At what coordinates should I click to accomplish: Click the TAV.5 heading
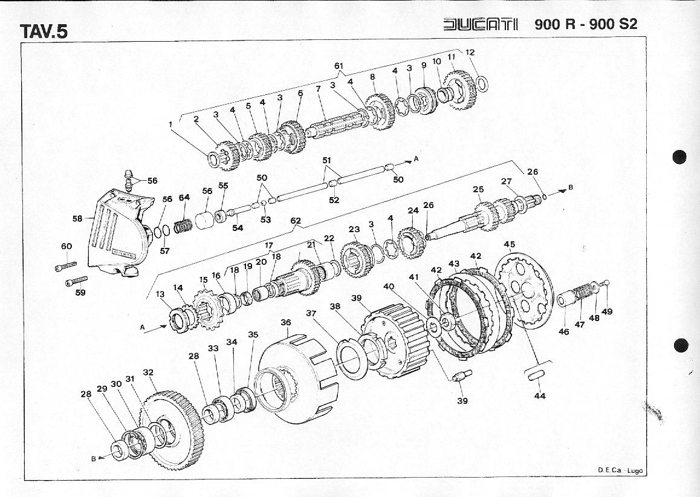pos(44,31)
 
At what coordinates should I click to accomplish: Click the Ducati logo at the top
pos(481,24)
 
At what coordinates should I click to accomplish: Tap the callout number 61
pos(339,66)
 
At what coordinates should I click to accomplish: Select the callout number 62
pos(296,221)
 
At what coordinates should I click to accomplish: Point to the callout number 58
pos(77,218)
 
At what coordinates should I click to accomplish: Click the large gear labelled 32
pos(172,430)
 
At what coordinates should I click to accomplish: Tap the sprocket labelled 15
pos(207,309)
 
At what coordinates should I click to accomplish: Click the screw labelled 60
pos(66,266)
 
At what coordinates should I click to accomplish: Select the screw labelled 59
pos(76,281)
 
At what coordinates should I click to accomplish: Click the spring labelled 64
pos(183,226)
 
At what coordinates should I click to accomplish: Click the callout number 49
pos(607,311)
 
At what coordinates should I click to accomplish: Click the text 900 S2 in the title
pos(613,24)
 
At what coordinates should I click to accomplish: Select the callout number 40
pos(389,286)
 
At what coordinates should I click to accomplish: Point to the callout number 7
pos(318,89)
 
